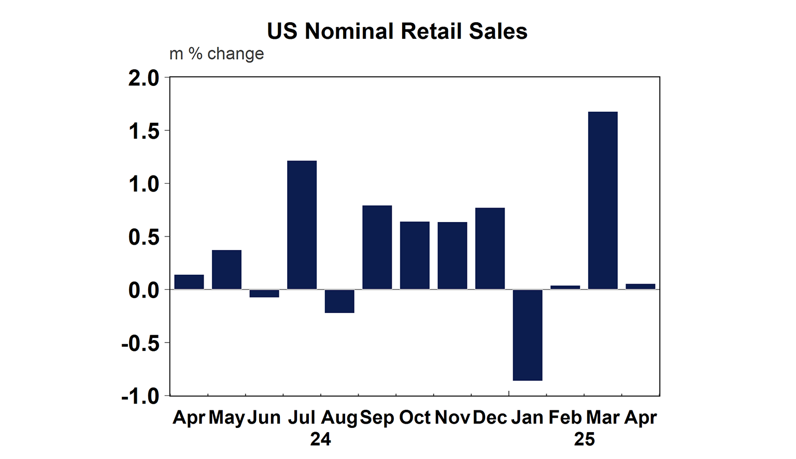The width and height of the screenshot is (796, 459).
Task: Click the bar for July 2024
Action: tap(302, 225)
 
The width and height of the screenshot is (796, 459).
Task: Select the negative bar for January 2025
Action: tap(528, 335)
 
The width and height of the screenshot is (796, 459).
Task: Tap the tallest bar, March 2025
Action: tap(603, 200)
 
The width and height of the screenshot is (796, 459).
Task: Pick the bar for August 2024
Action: tap(339, 301)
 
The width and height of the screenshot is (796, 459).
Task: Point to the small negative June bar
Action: tap(264, 293)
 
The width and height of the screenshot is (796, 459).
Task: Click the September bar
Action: tap(377, 247)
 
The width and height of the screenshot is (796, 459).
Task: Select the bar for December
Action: tap(490, 248)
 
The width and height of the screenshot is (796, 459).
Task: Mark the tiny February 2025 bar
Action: tap(565, 287)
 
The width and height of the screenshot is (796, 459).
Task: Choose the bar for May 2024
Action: tap(226, 270)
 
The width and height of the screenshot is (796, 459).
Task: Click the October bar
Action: tap(415, 255)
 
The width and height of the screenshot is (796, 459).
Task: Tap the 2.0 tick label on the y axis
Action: tap(144, 79)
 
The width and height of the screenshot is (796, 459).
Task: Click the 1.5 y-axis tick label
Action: tap(144, 131)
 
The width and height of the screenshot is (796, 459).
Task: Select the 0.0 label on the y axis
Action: tap(144, 290)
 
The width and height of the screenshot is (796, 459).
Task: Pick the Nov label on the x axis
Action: tap(452, 418)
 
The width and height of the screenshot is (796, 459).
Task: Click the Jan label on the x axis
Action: tap(527, 418)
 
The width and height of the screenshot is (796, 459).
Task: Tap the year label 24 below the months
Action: tap(320, 439)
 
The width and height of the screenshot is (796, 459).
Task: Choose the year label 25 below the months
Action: tap(584, 439)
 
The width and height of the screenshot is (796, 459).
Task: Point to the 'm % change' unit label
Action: tap(217, 54)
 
